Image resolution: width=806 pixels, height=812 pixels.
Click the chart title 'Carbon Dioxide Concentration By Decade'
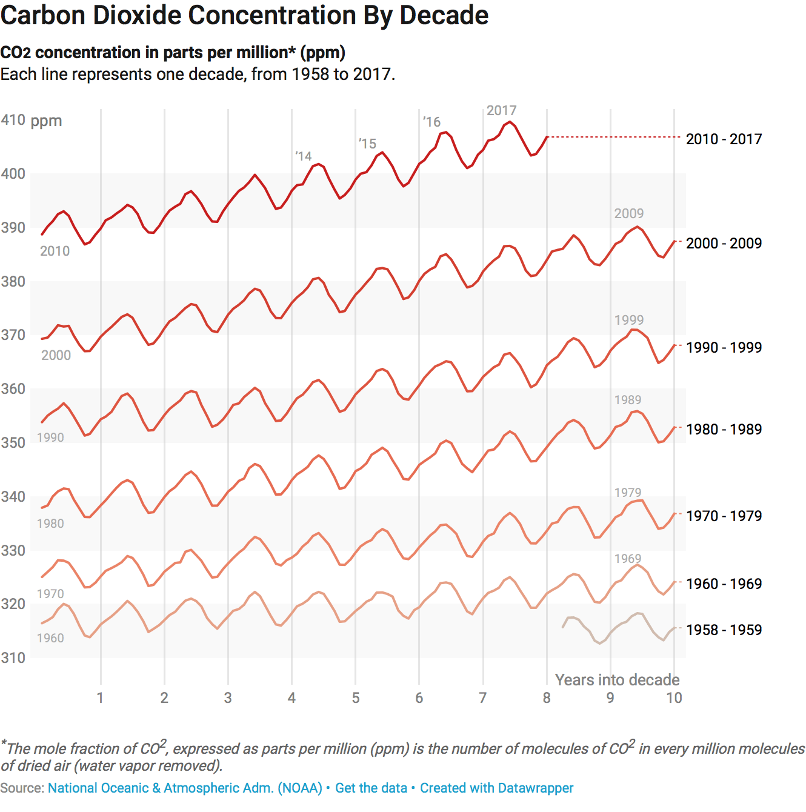(x=244, y=16)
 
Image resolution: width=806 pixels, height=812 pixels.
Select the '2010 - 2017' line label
(x=724, y=139)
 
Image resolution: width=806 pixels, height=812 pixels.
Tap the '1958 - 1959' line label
(x=724, y=630)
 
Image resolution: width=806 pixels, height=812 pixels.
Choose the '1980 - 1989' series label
(x=724, y=430)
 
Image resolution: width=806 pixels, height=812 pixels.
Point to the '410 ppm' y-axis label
(x=32, y=120)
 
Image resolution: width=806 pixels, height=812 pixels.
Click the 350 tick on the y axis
(x=13, y=443)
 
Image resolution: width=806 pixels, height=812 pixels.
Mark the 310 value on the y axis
(x=13, y=658)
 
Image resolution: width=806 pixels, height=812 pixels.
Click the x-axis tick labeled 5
(x=356, y=698)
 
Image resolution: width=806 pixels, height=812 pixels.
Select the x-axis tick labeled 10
(x=674, y=698)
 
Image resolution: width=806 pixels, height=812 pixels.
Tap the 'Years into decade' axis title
(x=617, y=680)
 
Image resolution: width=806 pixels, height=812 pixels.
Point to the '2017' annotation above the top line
(x=501, y=110)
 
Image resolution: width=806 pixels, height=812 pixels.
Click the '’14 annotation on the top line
(x=304, y=156)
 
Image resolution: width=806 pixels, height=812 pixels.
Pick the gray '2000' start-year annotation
(x=56, y=356)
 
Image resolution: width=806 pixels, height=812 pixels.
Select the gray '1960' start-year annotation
(x=50, y=638)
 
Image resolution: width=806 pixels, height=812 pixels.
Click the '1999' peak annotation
(x=628, y=320)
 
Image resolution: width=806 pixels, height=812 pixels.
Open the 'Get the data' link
(x=371, y=788)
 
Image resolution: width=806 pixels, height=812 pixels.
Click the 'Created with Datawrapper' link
(x=496, y=788)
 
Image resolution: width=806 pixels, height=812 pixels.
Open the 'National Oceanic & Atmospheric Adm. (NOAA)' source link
(x=185, y=788)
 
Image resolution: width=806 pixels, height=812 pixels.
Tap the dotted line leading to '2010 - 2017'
(x=612, y=138)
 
